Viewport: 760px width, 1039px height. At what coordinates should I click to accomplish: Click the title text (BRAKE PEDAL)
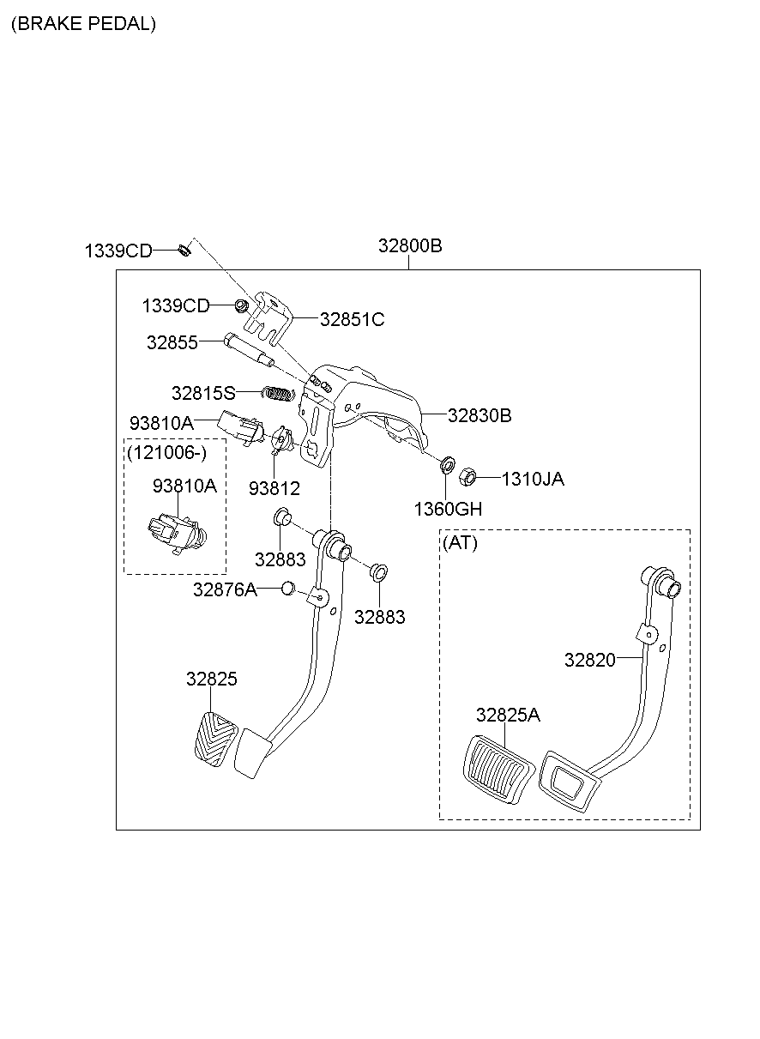pyautogui.click(x=83, y=24)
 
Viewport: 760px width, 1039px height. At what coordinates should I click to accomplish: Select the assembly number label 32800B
pyautogui.click(x=410, y=246)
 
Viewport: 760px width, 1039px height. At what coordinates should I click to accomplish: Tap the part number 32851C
pyautogui.click(x=352, y=319)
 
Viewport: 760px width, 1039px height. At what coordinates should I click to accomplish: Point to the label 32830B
pyautogui.click(x=480, y=415)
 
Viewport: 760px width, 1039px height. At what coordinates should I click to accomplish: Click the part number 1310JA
pyautogui.click(x=532, y=479)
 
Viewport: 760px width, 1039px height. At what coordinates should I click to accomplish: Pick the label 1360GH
pyautogui.click(x=448, y=509)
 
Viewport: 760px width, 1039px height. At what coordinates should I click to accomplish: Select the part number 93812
pyautogui.click(x=274, y=488)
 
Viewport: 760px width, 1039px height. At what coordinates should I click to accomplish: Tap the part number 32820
pyautogui.click(x=590, y=659)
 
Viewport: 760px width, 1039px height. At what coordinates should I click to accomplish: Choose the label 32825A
pyautogui.click(x=509, y=715)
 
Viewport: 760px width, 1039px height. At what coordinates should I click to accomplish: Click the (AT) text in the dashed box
pyautogui.click(x=460, y=543)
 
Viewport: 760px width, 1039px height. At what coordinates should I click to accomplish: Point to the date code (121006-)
pyautogui.click(x=165, y=452)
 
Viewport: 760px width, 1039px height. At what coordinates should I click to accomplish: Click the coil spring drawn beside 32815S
pyautogui.click(x=277, y=393)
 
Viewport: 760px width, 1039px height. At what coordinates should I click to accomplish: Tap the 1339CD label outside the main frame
pyautogui.click(x=118, y=251)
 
